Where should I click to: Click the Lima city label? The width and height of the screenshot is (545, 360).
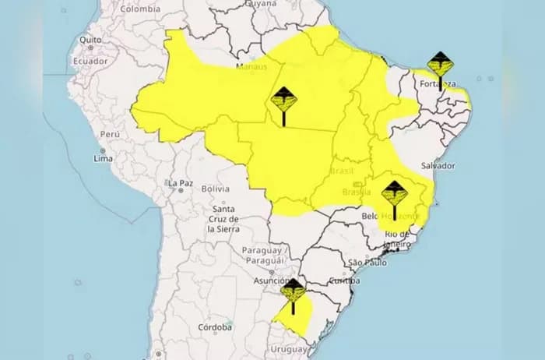[x=103, y=158]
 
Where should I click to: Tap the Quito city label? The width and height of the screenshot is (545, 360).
[x=90, y=39]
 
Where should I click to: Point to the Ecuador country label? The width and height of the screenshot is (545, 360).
[x=90, y=60]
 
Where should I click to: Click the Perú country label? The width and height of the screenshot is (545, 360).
[x=108, y=134]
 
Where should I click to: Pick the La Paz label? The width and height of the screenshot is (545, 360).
[x=178, y=182]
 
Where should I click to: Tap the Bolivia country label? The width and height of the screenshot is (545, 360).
[x=215, y=189]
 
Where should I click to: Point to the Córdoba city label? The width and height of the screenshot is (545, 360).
[x=216, y=327]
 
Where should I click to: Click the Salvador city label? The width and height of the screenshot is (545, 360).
[x=437, y=166]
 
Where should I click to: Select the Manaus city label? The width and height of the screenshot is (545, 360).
[x=252, y=66]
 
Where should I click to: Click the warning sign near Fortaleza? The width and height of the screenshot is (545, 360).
[x=440, y=65]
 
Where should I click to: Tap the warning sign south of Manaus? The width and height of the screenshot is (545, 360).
[x=283, y=101]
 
